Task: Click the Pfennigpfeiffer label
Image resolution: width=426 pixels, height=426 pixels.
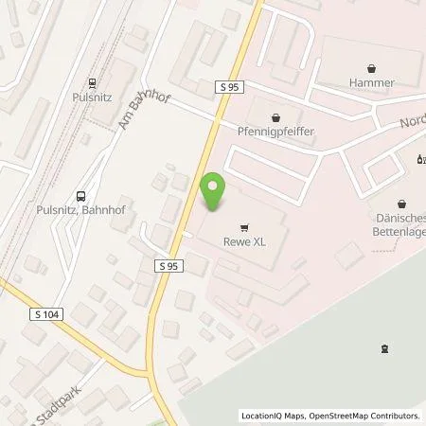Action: pyautogui.click(x=275, y=133)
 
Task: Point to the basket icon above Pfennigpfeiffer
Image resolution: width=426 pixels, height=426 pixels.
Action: pyautogui.click(x=275, y=118)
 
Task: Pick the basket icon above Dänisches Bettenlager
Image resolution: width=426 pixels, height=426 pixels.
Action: pyautogui.click(x=402, y=203)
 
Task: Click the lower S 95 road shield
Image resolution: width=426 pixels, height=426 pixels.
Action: pyautogui.click(x=166, y=270)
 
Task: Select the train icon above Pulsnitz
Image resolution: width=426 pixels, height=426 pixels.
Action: pyautogui.click(x=92, y=82)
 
